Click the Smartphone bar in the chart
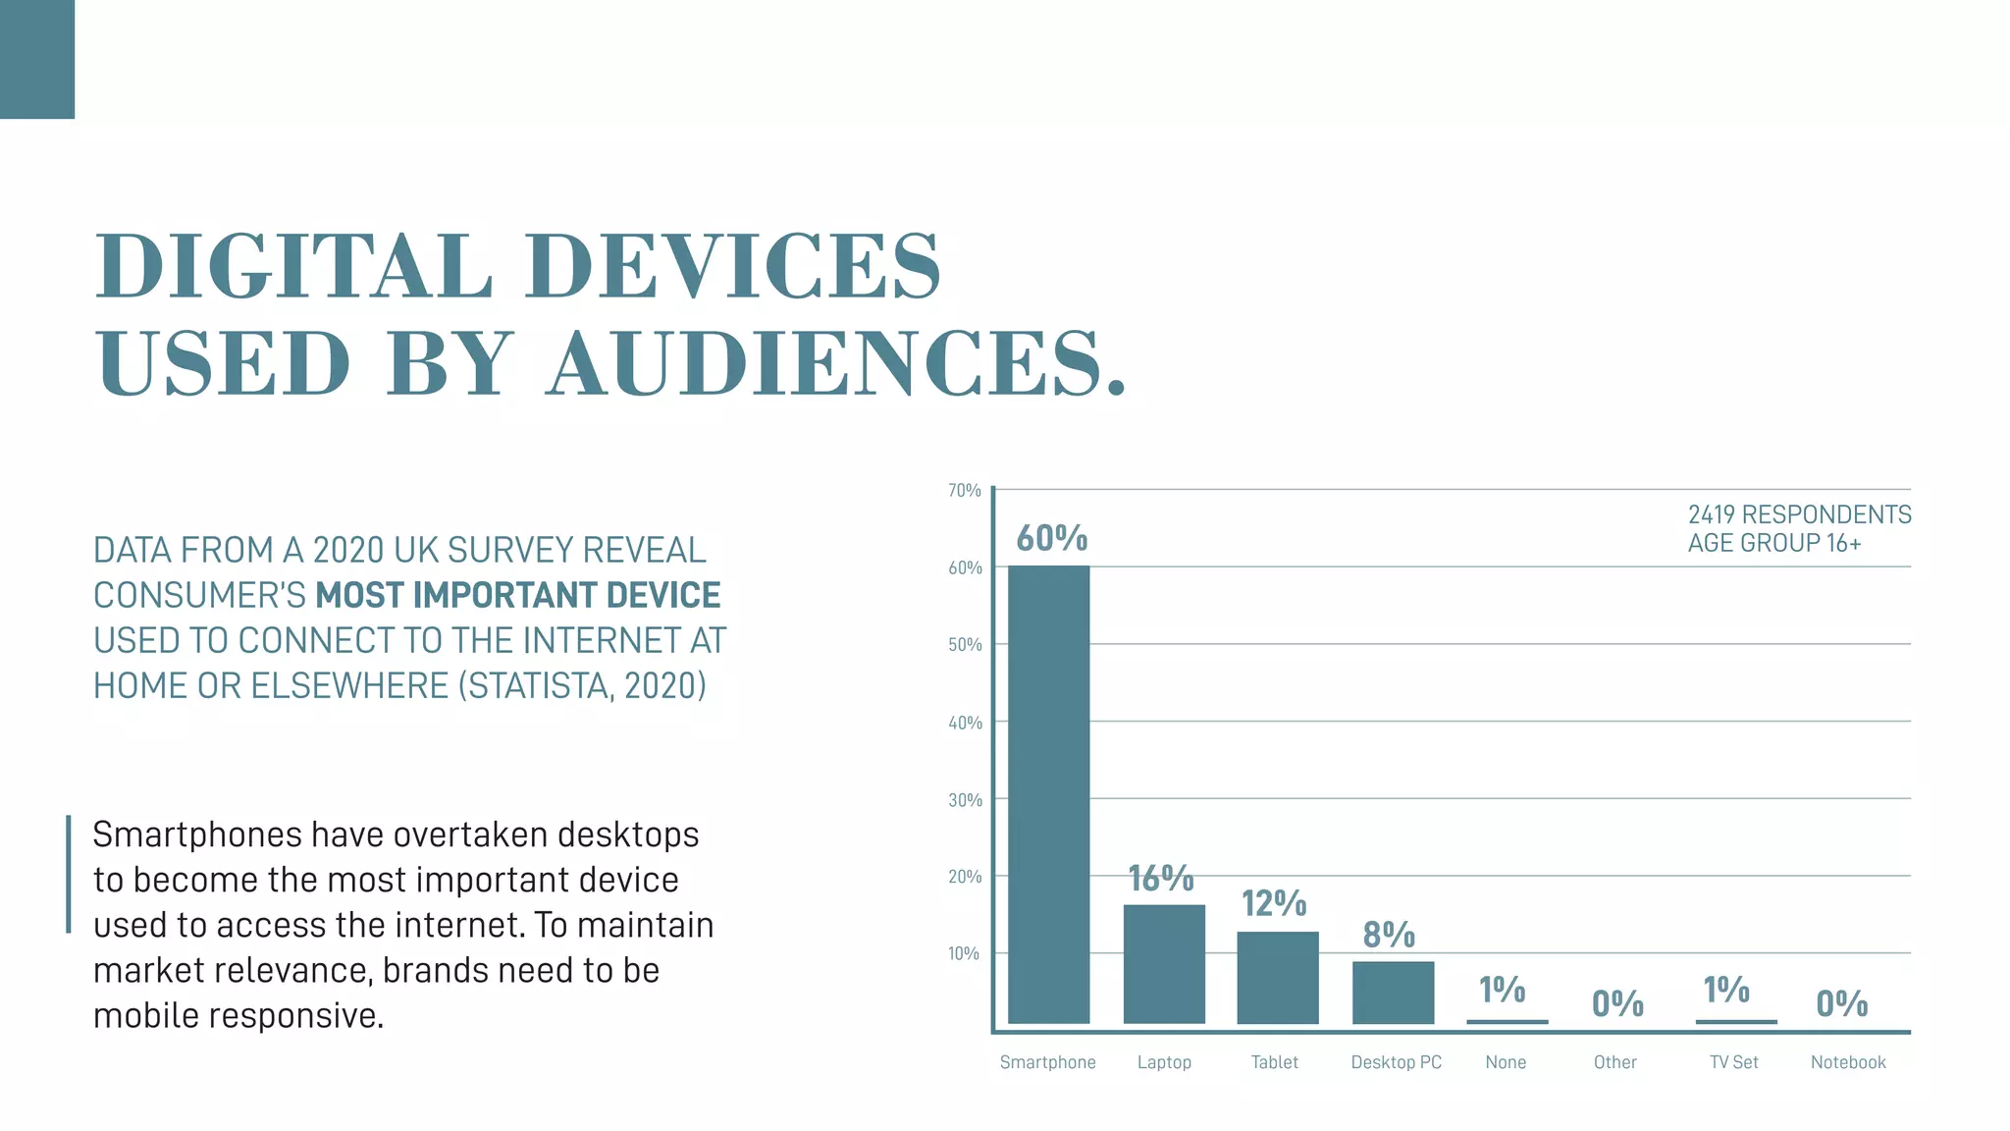(x=1048, y=795)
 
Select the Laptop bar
(x=1164, y=964)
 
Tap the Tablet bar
(x=1277, y=978)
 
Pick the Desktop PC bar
(x=1393, y=993)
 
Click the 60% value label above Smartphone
(x=1051, y=538)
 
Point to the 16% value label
(x=1160, y=878)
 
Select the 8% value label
(x=1389, y=935)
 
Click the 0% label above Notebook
(x=1841, y=1003)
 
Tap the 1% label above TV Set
(x=1725, y=990)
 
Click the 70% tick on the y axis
(x=964, y=490)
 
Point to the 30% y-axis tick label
(x=965, y=800)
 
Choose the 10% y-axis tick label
(x=964, y=953)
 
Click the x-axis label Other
(x=1614, y=1062)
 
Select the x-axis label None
(x=1506, y=1062)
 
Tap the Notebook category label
(x=1847, y=1062)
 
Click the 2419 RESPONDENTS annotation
(x=1798, y=514)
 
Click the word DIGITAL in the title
(x=294, y=267)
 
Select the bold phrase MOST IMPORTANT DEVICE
(x=517, y=595)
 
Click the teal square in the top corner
(x=37, y=59)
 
